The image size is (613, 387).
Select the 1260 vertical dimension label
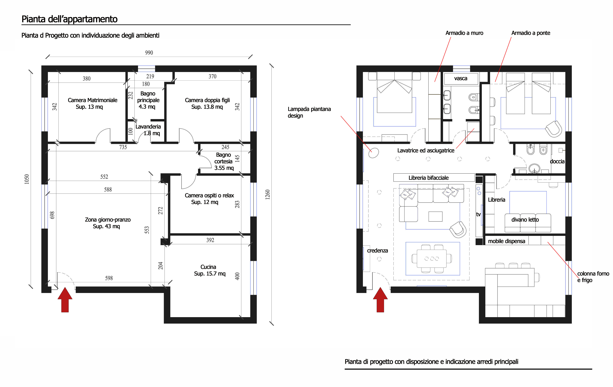[x=267, y=195]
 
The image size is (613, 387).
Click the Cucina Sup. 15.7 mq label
[x=209, y=270]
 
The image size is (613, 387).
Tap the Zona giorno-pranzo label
[x=108, y=223]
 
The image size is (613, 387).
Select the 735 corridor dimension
[x=123, y=147]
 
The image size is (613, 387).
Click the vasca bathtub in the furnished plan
[x=461, y=79]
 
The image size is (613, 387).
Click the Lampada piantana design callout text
[x=309, y=112]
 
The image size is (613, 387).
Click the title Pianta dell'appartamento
[x=70, y=19]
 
